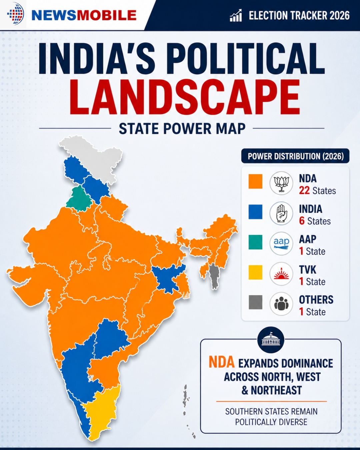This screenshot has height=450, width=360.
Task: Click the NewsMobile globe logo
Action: coord(15,14)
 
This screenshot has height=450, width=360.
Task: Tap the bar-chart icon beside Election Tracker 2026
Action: coord(236,15)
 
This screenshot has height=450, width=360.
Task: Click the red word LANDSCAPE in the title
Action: coord(185,97)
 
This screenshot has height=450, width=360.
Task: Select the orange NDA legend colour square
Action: coord(255,181)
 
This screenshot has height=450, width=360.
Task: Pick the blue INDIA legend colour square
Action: coord(255,212)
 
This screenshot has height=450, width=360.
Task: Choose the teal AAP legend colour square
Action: coord(255,242)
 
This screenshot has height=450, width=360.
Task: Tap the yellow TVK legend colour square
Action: coord(255,272)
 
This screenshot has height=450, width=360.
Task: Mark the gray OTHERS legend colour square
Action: coord(255,302)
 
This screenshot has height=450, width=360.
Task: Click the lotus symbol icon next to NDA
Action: coord(281,183)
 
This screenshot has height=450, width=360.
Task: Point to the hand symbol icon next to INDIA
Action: coord(281,213)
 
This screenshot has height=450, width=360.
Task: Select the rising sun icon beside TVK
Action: coord(281,274)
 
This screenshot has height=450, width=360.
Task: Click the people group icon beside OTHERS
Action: coord(281,304)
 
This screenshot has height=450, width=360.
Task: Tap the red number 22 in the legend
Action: coord(304,190)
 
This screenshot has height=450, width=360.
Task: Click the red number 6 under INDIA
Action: coord(302,221)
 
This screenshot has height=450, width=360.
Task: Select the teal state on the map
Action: coord(79,198)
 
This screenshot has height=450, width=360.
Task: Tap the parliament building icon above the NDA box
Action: coord(271,340)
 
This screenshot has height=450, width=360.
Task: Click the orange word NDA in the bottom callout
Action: coord(222,362)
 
